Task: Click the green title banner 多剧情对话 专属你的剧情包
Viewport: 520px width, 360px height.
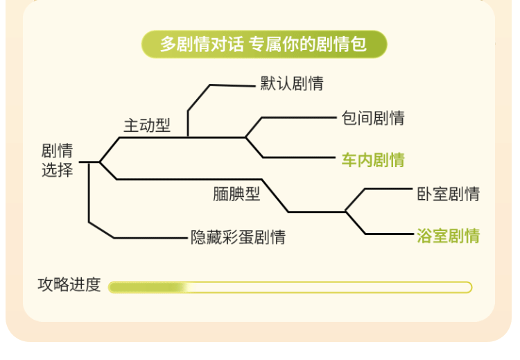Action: tap(263, 44)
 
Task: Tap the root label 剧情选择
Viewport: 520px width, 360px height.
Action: tap(57, 160)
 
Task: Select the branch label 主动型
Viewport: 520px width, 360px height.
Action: tap(146, 126)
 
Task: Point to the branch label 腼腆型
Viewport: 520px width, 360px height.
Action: tap(236, 194)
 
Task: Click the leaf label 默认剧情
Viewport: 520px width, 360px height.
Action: tap(292, 84)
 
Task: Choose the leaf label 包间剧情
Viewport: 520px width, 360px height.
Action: tap(373, 118)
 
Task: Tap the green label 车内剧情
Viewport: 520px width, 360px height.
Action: tap(373, 160)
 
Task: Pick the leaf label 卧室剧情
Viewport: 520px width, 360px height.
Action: tap(448, 194)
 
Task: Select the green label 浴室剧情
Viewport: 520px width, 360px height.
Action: tap(448, 236)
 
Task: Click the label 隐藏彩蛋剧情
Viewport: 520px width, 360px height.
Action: tap(238, 237)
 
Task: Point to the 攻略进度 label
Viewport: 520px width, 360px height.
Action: tap(69, 285)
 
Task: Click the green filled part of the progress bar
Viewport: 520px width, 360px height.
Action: tap(146, 287)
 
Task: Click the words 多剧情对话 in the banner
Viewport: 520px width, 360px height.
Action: tap(202, 44)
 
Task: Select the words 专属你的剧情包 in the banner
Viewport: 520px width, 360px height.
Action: tap(308, 44)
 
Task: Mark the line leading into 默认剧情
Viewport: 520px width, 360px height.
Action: tap(232, 85)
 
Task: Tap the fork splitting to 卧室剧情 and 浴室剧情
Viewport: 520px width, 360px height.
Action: tap(346, 211)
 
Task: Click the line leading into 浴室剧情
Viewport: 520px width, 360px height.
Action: tap(388, 234)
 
